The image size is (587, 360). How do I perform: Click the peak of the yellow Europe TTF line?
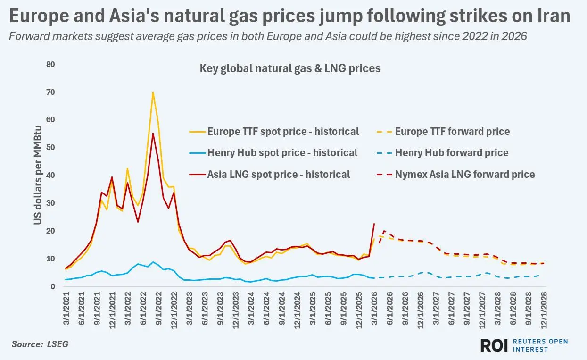pyautogui.click(x=153, y=92)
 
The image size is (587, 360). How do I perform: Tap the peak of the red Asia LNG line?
pyautogui.click(x=153, y=134)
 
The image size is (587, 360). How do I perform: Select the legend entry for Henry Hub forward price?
pyautogui.click(x=443, y=152)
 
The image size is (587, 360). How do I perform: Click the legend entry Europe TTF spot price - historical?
pyautogui.click(x=274, y=131)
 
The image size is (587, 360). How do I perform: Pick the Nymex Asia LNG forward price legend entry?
pyautogui.click(x=456, y=175)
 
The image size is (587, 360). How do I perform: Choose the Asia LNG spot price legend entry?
pyautogui.click(x=269, y=175)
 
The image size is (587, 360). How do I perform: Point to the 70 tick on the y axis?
pyautogui.click(x=50, y=92)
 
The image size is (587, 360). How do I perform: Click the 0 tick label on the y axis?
pyautogui.click(x=53, y=286)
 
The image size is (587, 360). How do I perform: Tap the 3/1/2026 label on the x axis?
pyautogui.click(x=374, y=309)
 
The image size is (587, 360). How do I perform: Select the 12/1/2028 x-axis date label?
pyautogui.click(x=544, y=310)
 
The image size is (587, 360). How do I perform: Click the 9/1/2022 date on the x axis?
pyautogui.click(x=159, y=309)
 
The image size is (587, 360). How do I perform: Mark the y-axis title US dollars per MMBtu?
pyautogui.click(x=38, y=176)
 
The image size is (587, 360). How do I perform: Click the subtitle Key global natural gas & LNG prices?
pyautogui.click(x=290, y=68)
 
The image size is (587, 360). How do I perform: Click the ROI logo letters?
pyautogui.click(x=494, y=345)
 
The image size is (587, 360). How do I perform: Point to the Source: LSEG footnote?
pyautogui.click(x=40, y=344)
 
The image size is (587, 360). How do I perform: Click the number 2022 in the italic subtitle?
pyautogui.click(x=475, y=36)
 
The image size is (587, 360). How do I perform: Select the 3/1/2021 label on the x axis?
pyautogui.click(x=66, y=309)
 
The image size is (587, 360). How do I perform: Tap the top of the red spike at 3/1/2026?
pyautogui.click(x=374, y=224)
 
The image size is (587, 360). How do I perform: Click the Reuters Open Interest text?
pyautogui.click(x=540, y=345)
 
